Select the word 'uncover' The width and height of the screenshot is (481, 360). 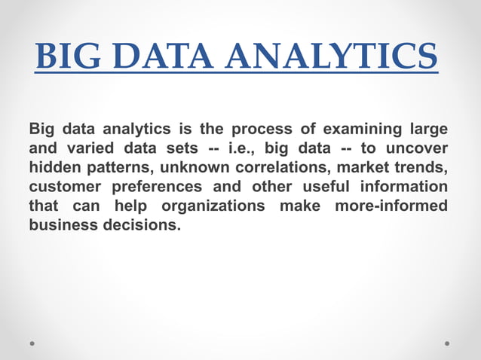tap(417, 148)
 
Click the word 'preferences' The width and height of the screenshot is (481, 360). tap(158, 187)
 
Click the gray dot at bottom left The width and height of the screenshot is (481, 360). tap(33, 343)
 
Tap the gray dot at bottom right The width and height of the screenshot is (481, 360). tap(447, 343)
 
